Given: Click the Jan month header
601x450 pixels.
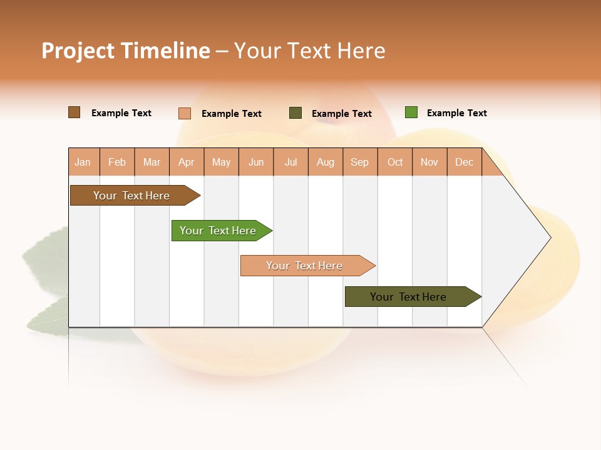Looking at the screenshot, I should tap(83, 162).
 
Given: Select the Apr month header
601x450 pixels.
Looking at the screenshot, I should tap(187, 162).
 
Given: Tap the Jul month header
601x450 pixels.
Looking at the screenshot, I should tap(290, 162).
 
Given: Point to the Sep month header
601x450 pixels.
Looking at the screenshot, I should tap(359, 162).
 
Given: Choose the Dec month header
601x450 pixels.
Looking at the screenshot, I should tap(464, 162).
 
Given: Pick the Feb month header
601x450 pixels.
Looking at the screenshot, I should tap(117, 162).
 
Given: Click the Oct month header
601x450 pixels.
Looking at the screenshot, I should tap(395, 162).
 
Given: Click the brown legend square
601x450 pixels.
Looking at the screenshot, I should tap(74, 112).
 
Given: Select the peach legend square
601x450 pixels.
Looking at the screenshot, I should tap(185, 113).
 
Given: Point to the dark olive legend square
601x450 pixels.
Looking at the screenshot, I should tap(295, 113).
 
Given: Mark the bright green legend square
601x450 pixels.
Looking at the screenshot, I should tap(411, 112).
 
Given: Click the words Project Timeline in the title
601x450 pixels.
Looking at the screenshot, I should tap(126, 51).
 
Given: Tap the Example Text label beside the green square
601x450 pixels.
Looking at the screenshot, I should tap(456, 113).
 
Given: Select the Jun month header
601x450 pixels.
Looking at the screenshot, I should tap(256, 162).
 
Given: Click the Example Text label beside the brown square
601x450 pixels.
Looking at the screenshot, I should tap(121, 113).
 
